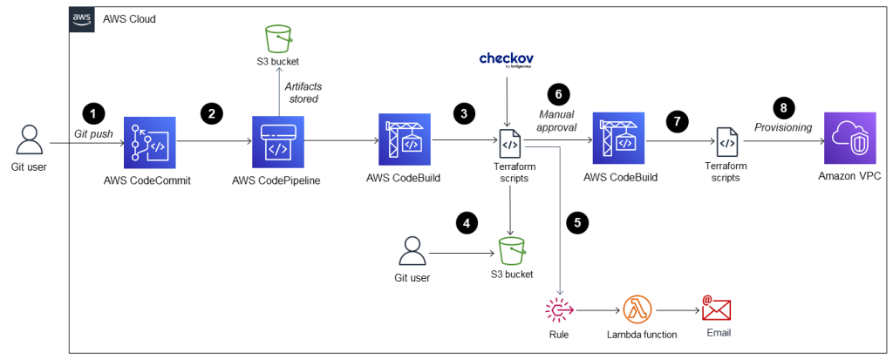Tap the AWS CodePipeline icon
tap(277, 140)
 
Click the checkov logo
tap(507, 60)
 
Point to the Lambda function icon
tap(637, 309)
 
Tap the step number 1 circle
tap(92, 112)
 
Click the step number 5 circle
tap(576, 222)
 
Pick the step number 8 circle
tap(786, 108)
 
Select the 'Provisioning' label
tap(784, 127)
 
